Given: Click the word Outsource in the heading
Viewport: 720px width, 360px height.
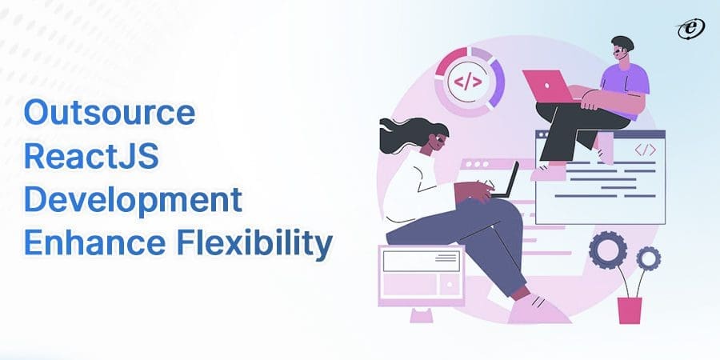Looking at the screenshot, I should [x=109, y=114].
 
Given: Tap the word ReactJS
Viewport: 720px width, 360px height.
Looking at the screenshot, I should [x=91, y=158].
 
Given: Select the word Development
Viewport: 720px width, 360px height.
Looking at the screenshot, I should [x=132, y=201].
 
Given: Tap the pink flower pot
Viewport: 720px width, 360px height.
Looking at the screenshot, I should [x=630, y=310].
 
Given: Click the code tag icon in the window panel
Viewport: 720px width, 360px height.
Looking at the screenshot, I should [x=645, y=150].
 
